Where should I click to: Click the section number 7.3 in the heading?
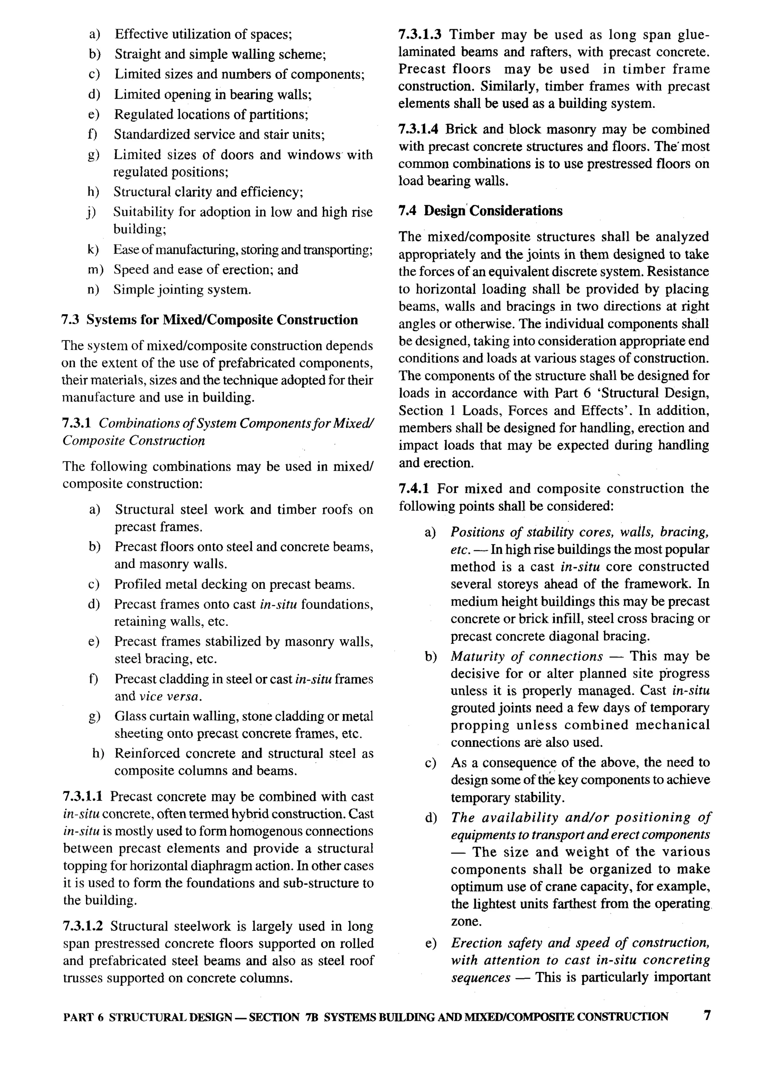[x=70, y=320]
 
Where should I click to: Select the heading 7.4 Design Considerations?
[x=480, y=211]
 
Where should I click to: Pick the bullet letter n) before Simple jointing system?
[x=93, y=290]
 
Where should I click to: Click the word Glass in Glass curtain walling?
[x=131, y=717]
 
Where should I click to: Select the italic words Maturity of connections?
[x=527, y=657]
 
